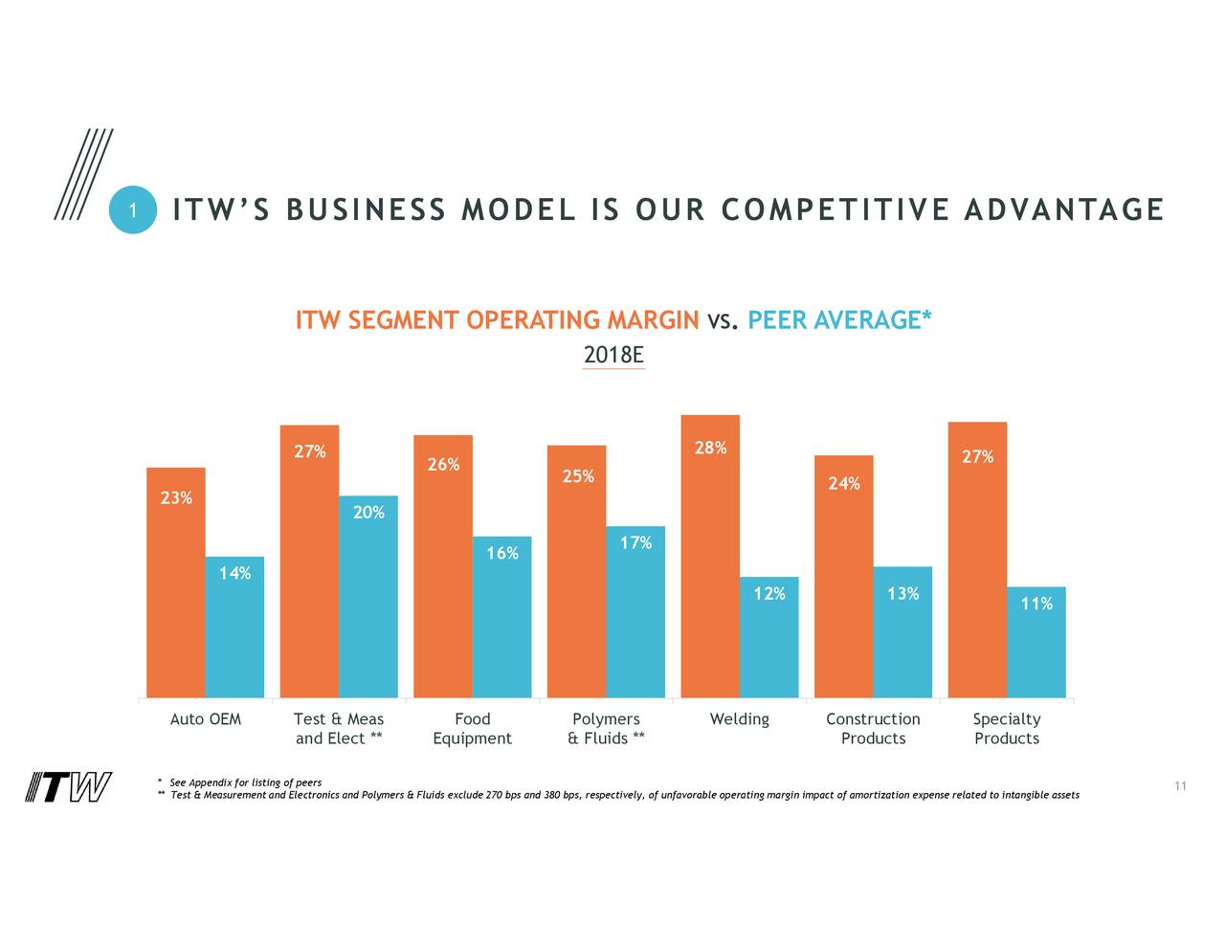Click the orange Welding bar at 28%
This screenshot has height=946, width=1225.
(710, 564)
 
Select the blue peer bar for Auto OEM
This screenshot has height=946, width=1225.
(234, 631)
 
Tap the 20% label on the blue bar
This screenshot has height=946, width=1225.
(368, 513)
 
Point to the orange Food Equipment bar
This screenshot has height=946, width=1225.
(443, 574)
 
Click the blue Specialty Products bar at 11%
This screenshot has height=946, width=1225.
(1036, 646)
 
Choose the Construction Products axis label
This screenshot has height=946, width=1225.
(873, 729)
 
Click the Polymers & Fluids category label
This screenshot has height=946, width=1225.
(606, 729)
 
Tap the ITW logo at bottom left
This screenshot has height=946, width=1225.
(68, 787)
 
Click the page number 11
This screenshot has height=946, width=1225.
(1180, 786)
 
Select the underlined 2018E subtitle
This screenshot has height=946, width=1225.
(613, 356)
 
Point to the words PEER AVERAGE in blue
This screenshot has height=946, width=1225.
(834, 320)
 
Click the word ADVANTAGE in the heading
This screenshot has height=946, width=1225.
(1063, 209)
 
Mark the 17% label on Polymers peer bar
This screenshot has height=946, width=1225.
(636, 543)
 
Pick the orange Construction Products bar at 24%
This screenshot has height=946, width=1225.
(844, 583)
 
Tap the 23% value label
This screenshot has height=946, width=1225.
(176, 497)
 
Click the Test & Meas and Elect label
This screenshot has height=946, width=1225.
(339, 729)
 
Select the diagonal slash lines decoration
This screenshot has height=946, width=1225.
(83, 175)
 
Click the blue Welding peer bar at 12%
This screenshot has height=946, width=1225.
(769, 641)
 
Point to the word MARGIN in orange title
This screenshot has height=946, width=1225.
(653, 320)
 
